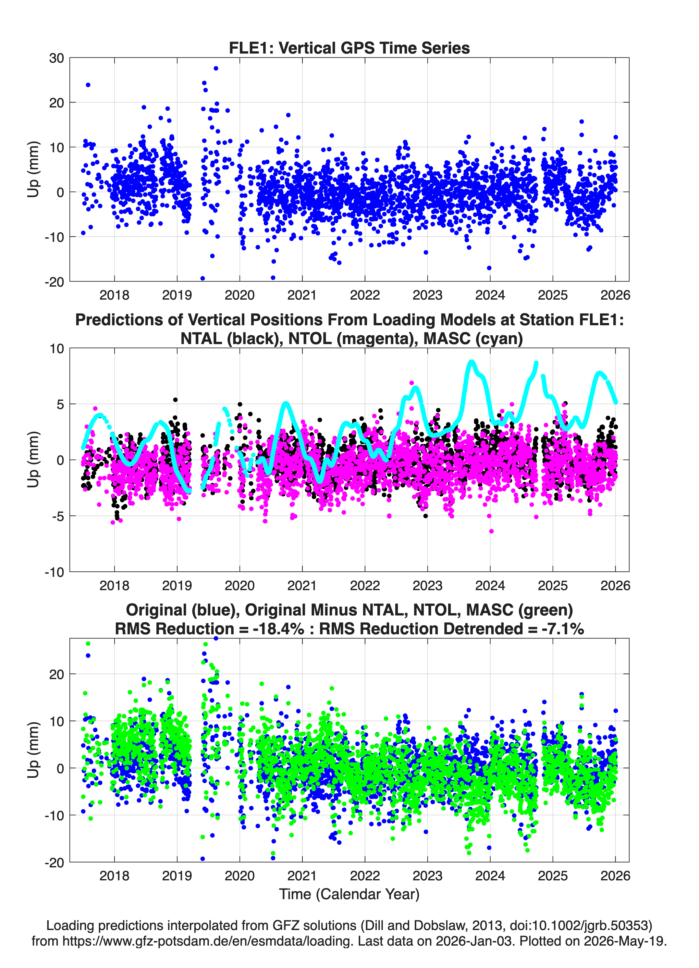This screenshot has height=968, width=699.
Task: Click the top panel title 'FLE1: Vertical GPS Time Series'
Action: (349, 48)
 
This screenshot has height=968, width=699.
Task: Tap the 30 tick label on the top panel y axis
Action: (56, 58)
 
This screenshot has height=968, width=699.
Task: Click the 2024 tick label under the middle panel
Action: (490, 585)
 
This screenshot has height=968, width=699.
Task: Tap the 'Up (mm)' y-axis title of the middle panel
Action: (33, 460)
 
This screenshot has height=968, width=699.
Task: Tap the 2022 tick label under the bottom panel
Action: (365, 875)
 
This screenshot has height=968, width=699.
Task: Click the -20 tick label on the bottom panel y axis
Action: (55, 862)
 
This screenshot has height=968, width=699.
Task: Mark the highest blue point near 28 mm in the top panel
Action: (216, 68)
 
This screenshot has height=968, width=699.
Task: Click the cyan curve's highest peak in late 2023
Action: (471, 362)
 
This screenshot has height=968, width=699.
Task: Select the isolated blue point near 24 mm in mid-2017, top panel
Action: (88, 85)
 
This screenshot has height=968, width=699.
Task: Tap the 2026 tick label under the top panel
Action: (615, 295)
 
